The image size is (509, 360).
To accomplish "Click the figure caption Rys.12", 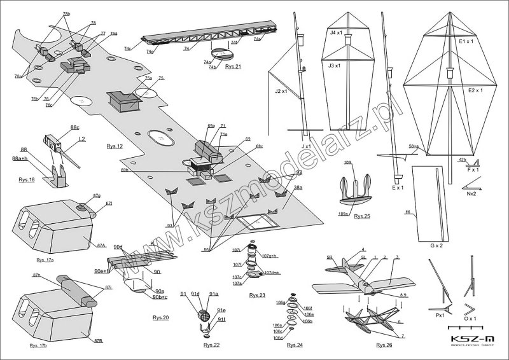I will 115,146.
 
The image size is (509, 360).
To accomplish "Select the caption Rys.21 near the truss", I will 234,66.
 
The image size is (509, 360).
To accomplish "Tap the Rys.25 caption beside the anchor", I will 362,217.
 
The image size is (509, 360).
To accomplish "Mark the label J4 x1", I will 337,32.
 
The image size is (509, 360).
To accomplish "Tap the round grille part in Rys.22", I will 205,314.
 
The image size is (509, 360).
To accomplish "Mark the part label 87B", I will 98,341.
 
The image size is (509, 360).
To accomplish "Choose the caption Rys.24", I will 295,345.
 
